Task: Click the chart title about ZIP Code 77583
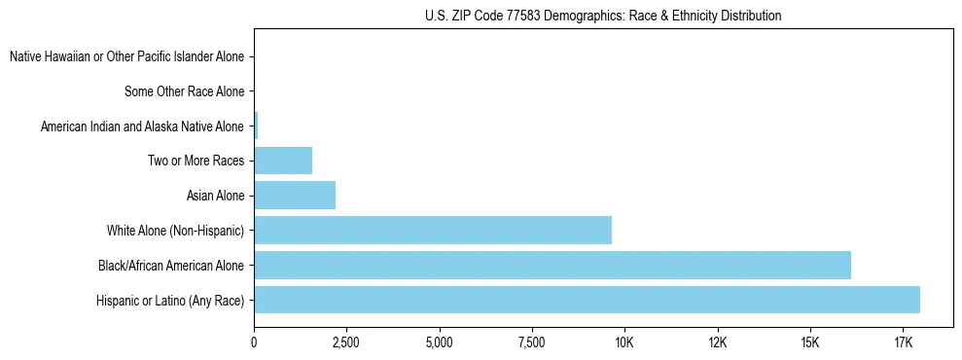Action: pyautogui.click(x=603, y=17)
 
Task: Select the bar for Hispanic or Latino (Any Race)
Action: pyautogui.click(x=587, y=300)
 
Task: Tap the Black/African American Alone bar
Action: pyautogui.click(x=552, y=265)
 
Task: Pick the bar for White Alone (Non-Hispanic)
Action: pyautogui.click(x=433, y=231)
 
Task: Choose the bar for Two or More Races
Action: pyautogui.click(x=283, y=161)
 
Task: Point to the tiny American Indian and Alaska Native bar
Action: pyautogui.click(x=256, y=126)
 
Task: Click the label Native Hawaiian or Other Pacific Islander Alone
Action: pyautogui.click(x=126, y=57)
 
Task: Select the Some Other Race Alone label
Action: pyautogui.click(x=185, y=91)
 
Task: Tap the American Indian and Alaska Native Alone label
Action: pyautogui.click(x=142, y=126)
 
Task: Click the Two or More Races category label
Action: pyautogui.click(x=196, y=161)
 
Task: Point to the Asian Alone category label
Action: pyautogui.click(x=215, y=196)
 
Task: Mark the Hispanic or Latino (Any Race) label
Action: pyautogui.click(x=170, y=300)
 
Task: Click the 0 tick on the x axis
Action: pyautogui.click(x=254, y=342)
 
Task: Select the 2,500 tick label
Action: pyautogui.click(x=346, y=342)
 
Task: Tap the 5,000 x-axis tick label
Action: pyautogui.click(x=440, y=342)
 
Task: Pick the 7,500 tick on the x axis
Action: pyautogui.click(x=532, y=342)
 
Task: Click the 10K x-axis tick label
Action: pyautogui.click(x=624, y=342)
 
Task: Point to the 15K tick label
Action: pyautogui.click(x=810, y=342)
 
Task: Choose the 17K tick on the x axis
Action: pyautogui.click(x=903, y=342)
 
